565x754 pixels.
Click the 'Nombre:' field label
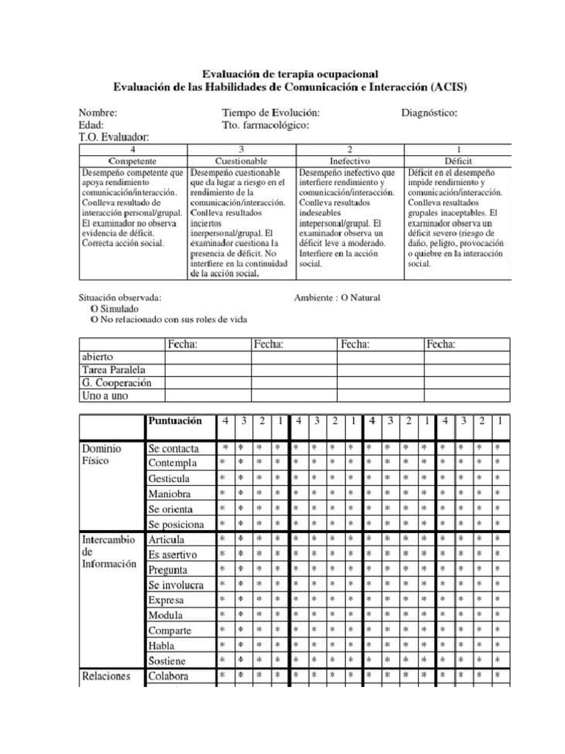point(98,113)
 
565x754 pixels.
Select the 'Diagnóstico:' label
point(430,113)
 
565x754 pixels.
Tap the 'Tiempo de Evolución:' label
point(271,113)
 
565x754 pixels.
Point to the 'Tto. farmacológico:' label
point(266,125)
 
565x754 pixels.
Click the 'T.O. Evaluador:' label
point(114,137)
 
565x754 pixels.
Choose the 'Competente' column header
point(132,161)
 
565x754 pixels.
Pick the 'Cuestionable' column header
point(241,161)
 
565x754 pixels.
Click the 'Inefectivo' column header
point(349,161)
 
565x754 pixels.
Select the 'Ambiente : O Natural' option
point(337,298)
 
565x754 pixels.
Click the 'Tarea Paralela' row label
point(113,370)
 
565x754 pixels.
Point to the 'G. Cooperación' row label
point(116,383)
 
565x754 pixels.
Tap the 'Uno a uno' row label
point(104,396)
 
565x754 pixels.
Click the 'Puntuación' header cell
point(175,422)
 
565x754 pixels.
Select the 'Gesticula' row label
point(169,479)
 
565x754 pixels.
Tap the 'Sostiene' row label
point(167,660)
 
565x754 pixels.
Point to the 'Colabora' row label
point(168,676)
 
